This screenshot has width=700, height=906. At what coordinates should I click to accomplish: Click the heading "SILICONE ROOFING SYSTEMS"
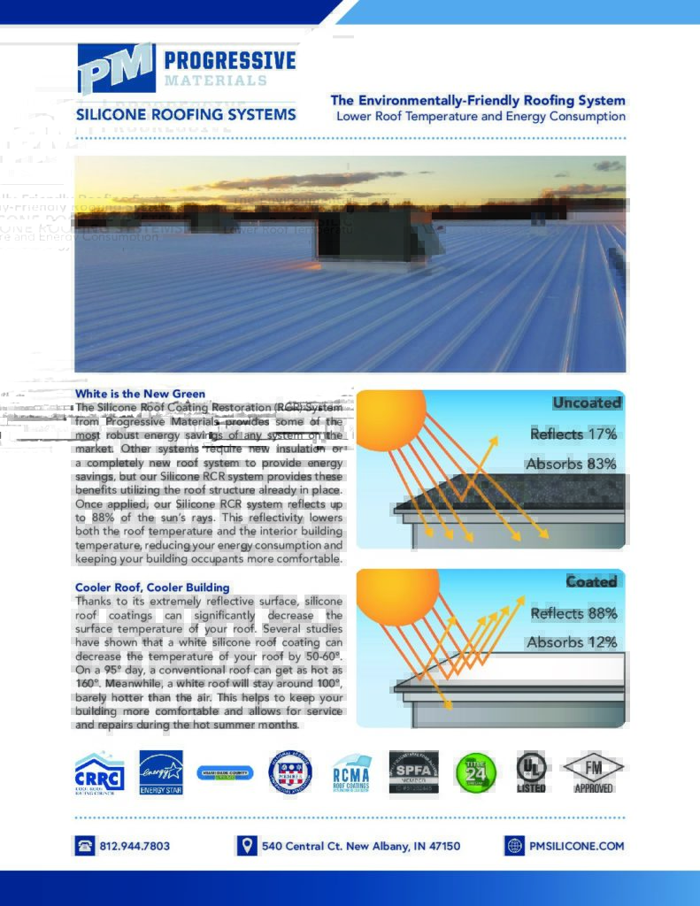tap(186, 115)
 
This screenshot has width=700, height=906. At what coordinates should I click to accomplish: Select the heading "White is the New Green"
tap(140, 394)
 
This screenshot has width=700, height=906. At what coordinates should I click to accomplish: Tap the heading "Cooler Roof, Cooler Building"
tap(152, 587)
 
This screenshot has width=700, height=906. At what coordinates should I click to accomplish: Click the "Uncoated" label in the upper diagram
tap(587, 403)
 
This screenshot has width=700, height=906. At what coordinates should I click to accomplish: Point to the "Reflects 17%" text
tap(573, 434)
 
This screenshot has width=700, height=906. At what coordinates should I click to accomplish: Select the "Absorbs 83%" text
tap(571, 464)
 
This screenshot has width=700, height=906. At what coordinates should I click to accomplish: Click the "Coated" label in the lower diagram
tap(591, 581)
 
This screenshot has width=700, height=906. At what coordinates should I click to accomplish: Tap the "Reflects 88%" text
tap(573, 613)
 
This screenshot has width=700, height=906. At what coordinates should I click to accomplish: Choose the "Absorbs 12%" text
tap(572, 642)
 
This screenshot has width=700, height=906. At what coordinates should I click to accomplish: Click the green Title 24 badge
tap(470, 770)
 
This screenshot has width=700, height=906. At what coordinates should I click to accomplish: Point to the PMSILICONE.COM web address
tap(576, 846)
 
